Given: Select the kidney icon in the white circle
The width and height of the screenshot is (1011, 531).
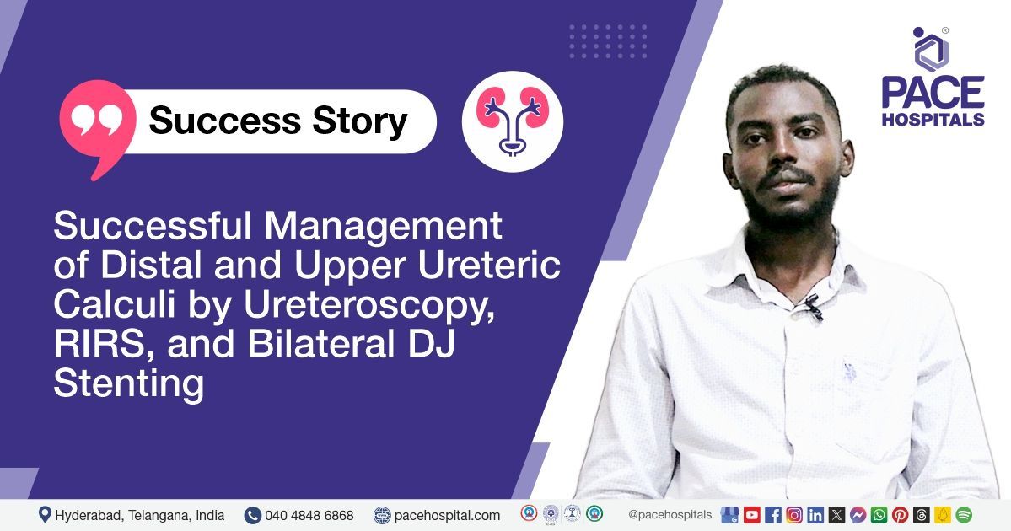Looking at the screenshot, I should point(513,121).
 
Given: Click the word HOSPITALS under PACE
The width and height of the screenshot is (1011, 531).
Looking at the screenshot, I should point(933,119).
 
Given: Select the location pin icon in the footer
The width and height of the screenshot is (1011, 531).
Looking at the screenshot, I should point(45,514).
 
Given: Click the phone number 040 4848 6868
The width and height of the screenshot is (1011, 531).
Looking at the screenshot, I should point(309,515).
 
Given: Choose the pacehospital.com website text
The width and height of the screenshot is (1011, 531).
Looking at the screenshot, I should point(447,515).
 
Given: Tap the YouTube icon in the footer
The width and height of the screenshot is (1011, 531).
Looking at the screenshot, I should point(752,514).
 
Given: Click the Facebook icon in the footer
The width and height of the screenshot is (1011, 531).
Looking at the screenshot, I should point(773,514).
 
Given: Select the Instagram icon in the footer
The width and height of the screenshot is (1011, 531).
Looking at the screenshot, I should point(794,514).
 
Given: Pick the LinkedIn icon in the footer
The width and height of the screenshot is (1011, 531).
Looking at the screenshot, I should point(815,514).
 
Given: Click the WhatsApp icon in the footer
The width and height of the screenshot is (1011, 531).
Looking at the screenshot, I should point(879,514).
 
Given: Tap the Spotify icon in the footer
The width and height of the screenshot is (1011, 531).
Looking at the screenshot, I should point(964,514).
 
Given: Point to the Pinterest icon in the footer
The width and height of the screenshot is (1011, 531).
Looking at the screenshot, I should point(900,514).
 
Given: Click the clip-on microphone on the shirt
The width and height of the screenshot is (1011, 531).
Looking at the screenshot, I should point(812,308).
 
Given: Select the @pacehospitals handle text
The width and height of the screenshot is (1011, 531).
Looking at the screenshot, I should point(670,514).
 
